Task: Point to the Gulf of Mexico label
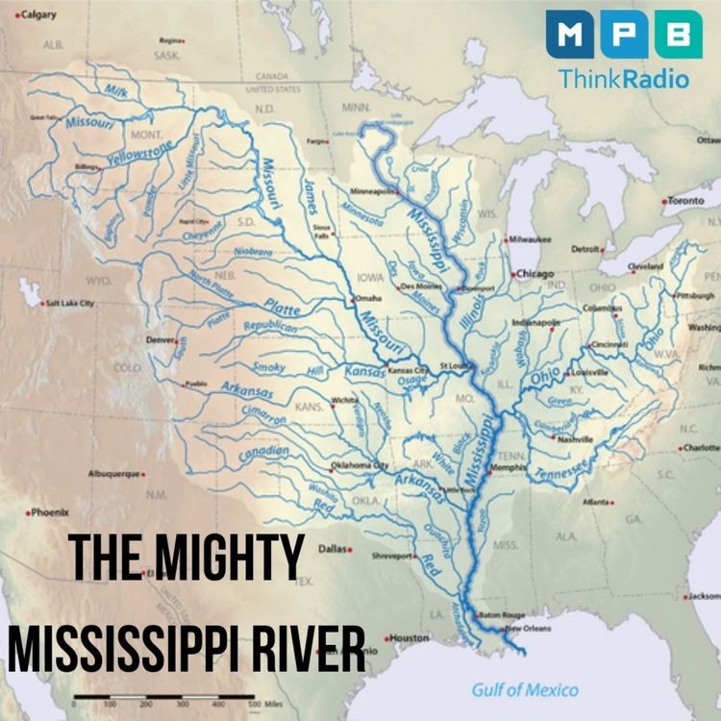click(x=525, y=689)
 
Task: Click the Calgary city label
click(x=37, y=15)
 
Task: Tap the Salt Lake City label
click(x=70, y=304)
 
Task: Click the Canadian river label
click(x=264, y=452)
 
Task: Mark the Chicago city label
click(x=535, y=274)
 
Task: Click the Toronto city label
click(x=685, y=201)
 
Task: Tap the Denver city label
click(x=161, y=339)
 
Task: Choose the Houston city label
click(x=409, y=637)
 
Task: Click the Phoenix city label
click(x=48, y=512)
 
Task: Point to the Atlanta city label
click(x=597, y=502)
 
